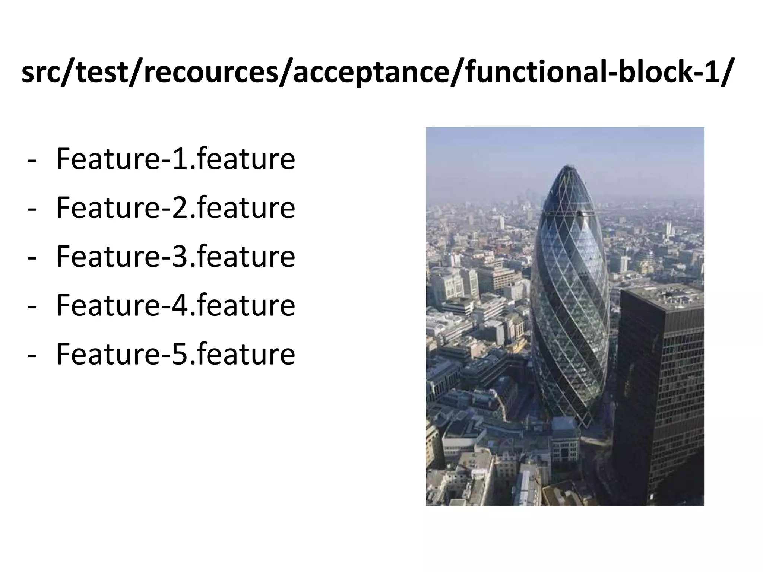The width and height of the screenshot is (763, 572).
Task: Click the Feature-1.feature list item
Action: point(175,159)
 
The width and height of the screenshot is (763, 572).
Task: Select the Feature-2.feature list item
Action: point(175,208)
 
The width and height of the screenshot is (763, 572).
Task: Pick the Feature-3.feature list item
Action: point(175,257)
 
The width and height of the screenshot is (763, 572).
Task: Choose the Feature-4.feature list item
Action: point(175,305)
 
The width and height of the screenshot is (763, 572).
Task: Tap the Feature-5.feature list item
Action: point(175,354)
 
